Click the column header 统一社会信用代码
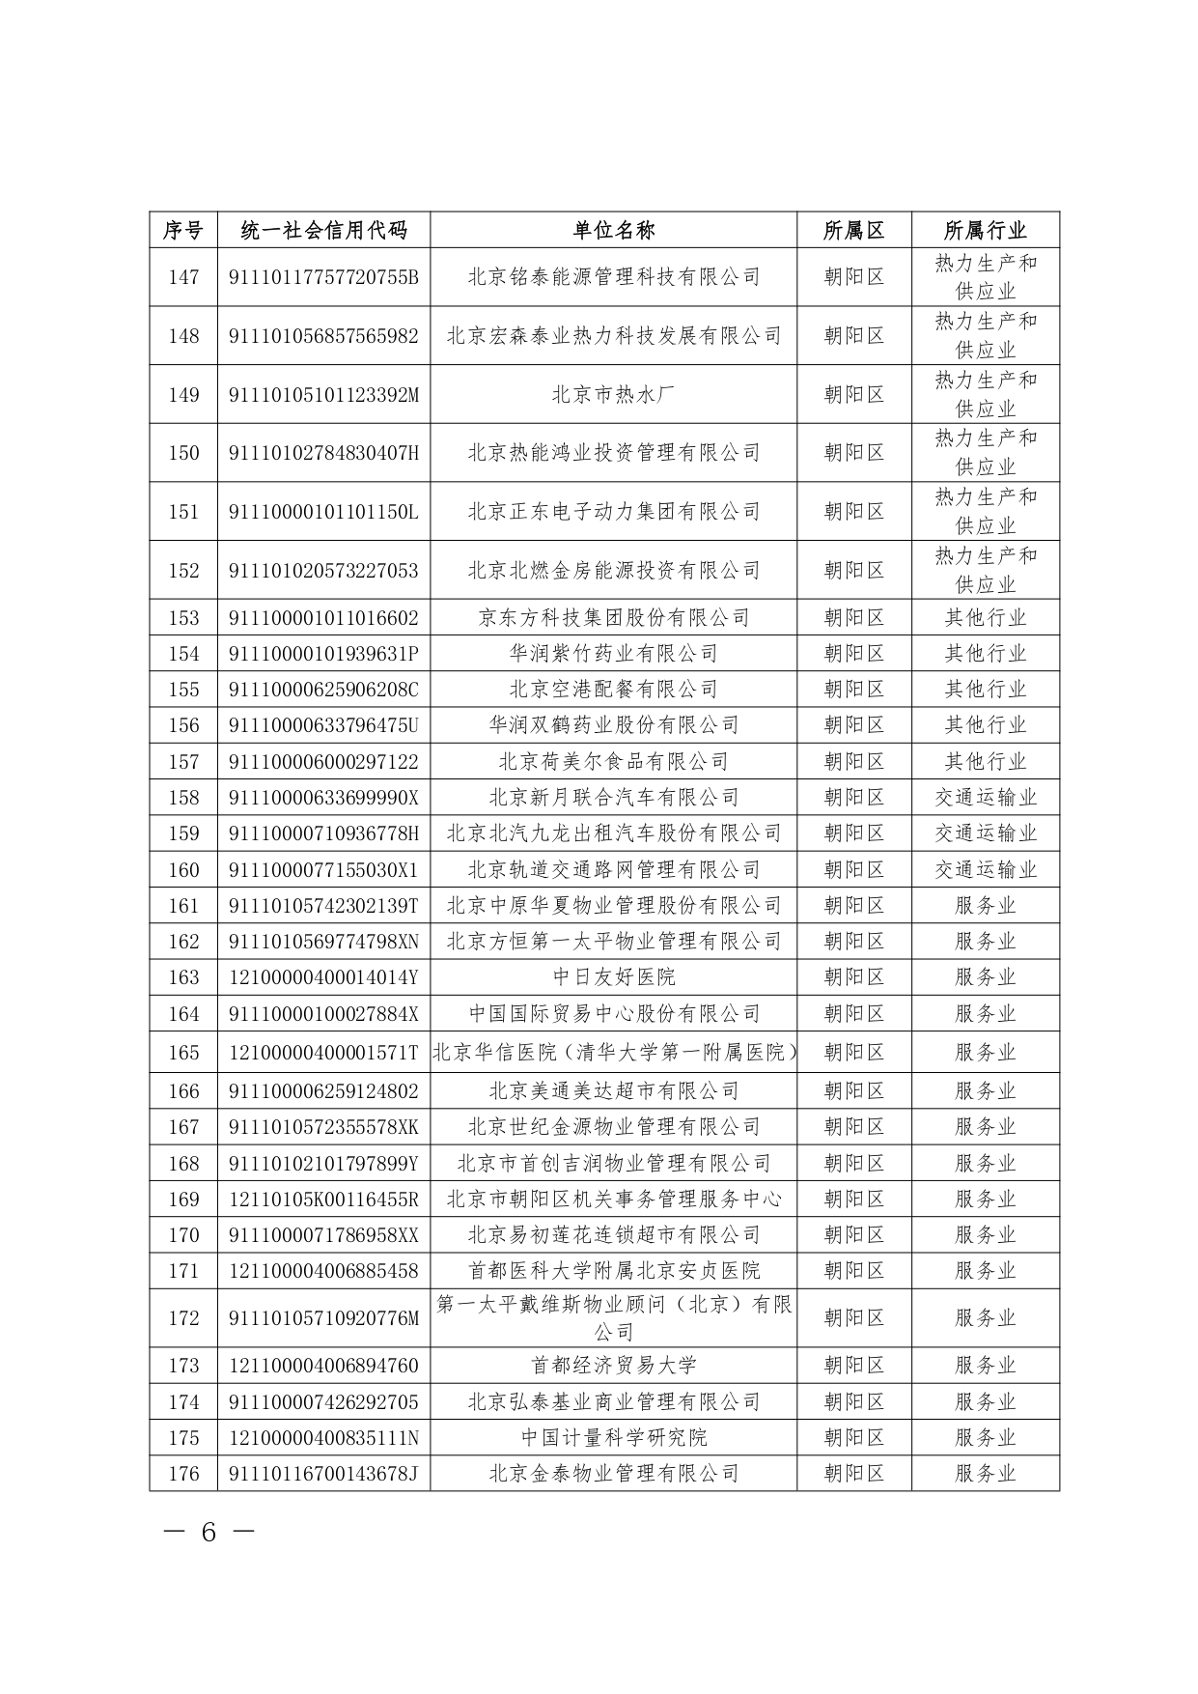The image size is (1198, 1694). tap(323, 230)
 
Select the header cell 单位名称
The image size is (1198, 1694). tap(613, 230)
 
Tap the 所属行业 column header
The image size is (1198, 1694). tap(985, 230)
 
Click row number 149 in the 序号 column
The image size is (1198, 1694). tap(183, 394)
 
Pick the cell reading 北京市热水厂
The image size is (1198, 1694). tap(613, 394)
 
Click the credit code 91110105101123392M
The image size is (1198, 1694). tap(323, 394)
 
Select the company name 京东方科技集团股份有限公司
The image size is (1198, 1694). tap(613, 617)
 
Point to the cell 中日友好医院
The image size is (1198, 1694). tap(613, 977)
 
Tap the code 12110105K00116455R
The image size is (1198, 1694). tap(323, 1199)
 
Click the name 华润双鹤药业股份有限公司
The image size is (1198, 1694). tap(613, 724)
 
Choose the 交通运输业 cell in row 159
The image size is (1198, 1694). tap(985, 833)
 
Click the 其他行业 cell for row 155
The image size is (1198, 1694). tap(985, 689)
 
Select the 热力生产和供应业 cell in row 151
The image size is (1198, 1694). tap(985, 511)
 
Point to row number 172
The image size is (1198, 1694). tap(183, 1317)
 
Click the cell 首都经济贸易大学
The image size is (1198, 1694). tap(613, 1365)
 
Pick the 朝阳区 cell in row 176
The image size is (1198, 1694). tap(853, 1473)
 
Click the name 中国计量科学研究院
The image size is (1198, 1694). tap(613, 1437)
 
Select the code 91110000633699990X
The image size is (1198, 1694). tap(323, 797)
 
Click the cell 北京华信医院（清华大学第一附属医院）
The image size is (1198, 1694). tap(613, 1052)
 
